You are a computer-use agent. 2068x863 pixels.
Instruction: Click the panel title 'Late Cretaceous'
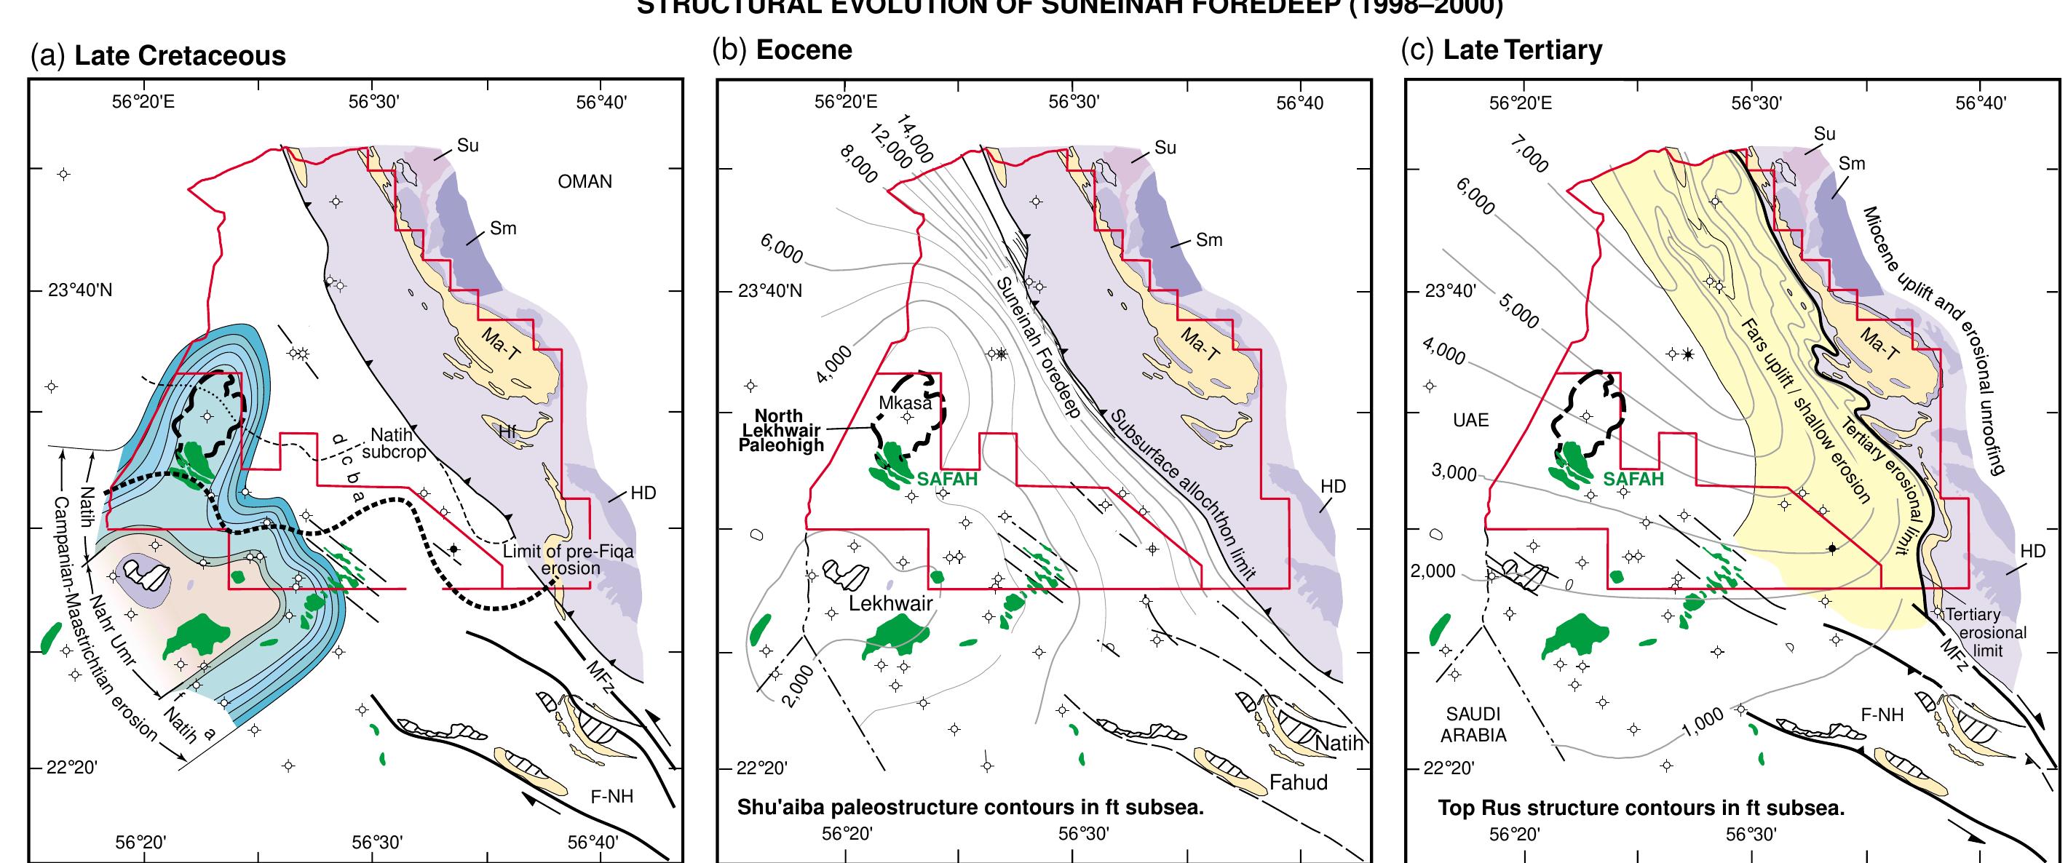tap(180, 55)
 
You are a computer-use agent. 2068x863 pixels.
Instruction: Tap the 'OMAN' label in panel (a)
tap(585, 181)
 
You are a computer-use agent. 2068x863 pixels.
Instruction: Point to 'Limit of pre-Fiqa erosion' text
tap(568, 560)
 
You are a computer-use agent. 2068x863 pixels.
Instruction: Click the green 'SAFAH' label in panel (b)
tap(948, 480)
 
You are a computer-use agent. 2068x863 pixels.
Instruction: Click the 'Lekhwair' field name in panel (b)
tap(890, 603)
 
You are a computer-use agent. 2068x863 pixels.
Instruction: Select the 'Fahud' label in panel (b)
tap(1298, 782)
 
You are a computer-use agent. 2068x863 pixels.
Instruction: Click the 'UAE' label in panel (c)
tap(1470, 420)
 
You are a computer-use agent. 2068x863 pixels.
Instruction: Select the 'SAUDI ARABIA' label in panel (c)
tap(1473, 724)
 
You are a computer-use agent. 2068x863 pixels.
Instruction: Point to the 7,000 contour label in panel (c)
tap(1529, 158)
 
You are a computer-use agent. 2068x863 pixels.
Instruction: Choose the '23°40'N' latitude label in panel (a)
tap(80, 290)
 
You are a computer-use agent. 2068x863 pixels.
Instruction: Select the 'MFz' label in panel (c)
tap(1954, 655)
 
